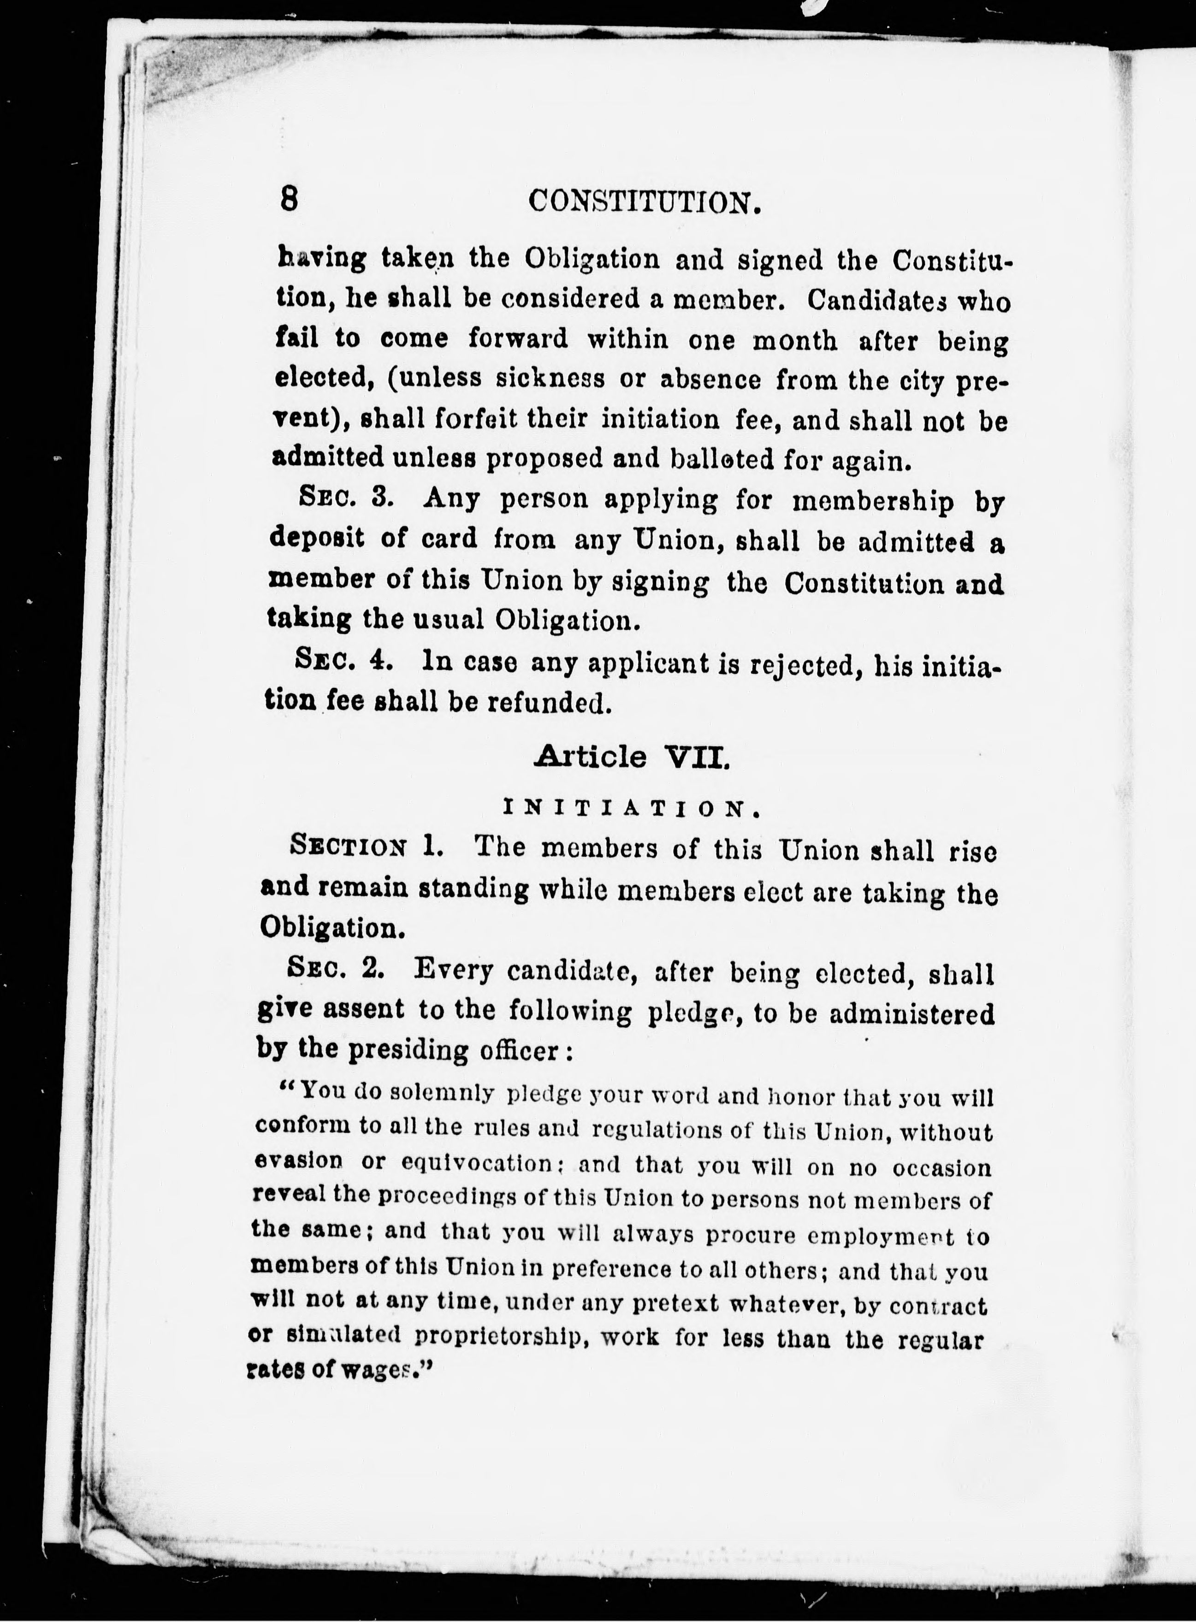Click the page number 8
(x=289, y=198)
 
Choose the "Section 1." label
(x=366, y=846)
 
